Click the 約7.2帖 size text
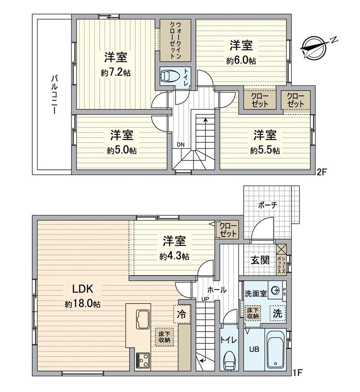116,73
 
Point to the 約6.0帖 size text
241,61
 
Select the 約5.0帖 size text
121,151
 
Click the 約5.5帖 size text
265,151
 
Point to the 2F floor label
321,172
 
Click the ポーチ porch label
268,205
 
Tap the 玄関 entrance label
259,260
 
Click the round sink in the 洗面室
275,290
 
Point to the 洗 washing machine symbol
277,312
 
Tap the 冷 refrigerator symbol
182,314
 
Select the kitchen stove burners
142,361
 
